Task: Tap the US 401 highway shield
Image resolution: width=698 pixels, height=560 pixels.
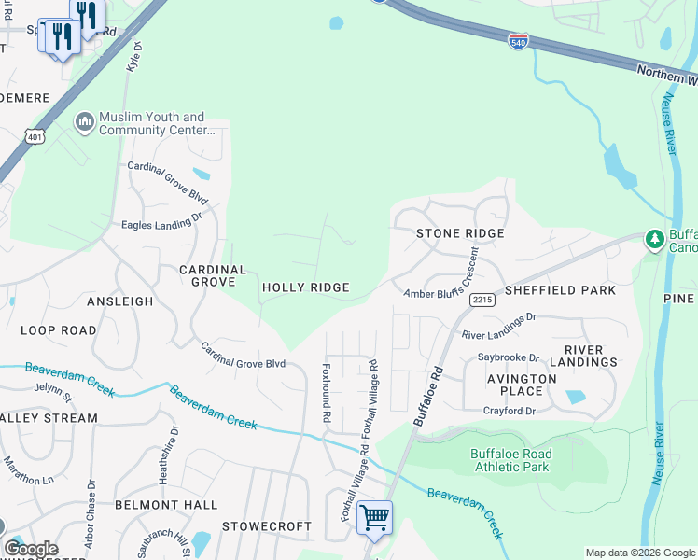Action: (35, 135)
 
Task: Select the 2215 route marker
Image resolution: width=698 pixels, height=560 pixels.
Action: (482, 300)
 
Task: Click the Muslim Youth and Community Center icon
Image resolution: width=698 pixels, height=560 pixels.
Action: (85, 122)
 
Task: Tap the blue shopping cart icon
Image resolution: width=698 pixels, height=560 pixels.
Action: (374, 516)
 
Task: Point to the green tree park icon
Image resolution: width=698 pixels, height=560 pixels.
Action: (655, 240)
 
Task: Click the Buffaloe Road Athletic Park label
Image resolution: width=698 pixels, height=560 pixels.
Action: (510, 460)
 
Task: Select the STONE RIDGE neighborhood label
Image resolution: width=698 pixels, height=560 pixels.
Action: (460, 233)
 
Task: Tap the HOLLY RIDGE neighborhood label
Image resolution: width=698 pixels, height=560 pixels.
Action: (305, 287)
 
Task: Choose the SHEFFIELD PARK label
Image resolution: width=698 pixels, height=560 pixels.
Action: (560, 290)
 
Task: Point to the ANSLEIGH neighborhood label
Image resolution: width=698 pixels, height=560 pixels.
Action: (119, 301)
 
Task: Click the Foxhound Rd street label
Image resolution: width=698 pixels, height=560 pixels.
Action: (327, 393)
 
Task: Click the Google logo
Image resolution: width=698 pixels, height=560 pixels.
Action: (31, 549)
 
